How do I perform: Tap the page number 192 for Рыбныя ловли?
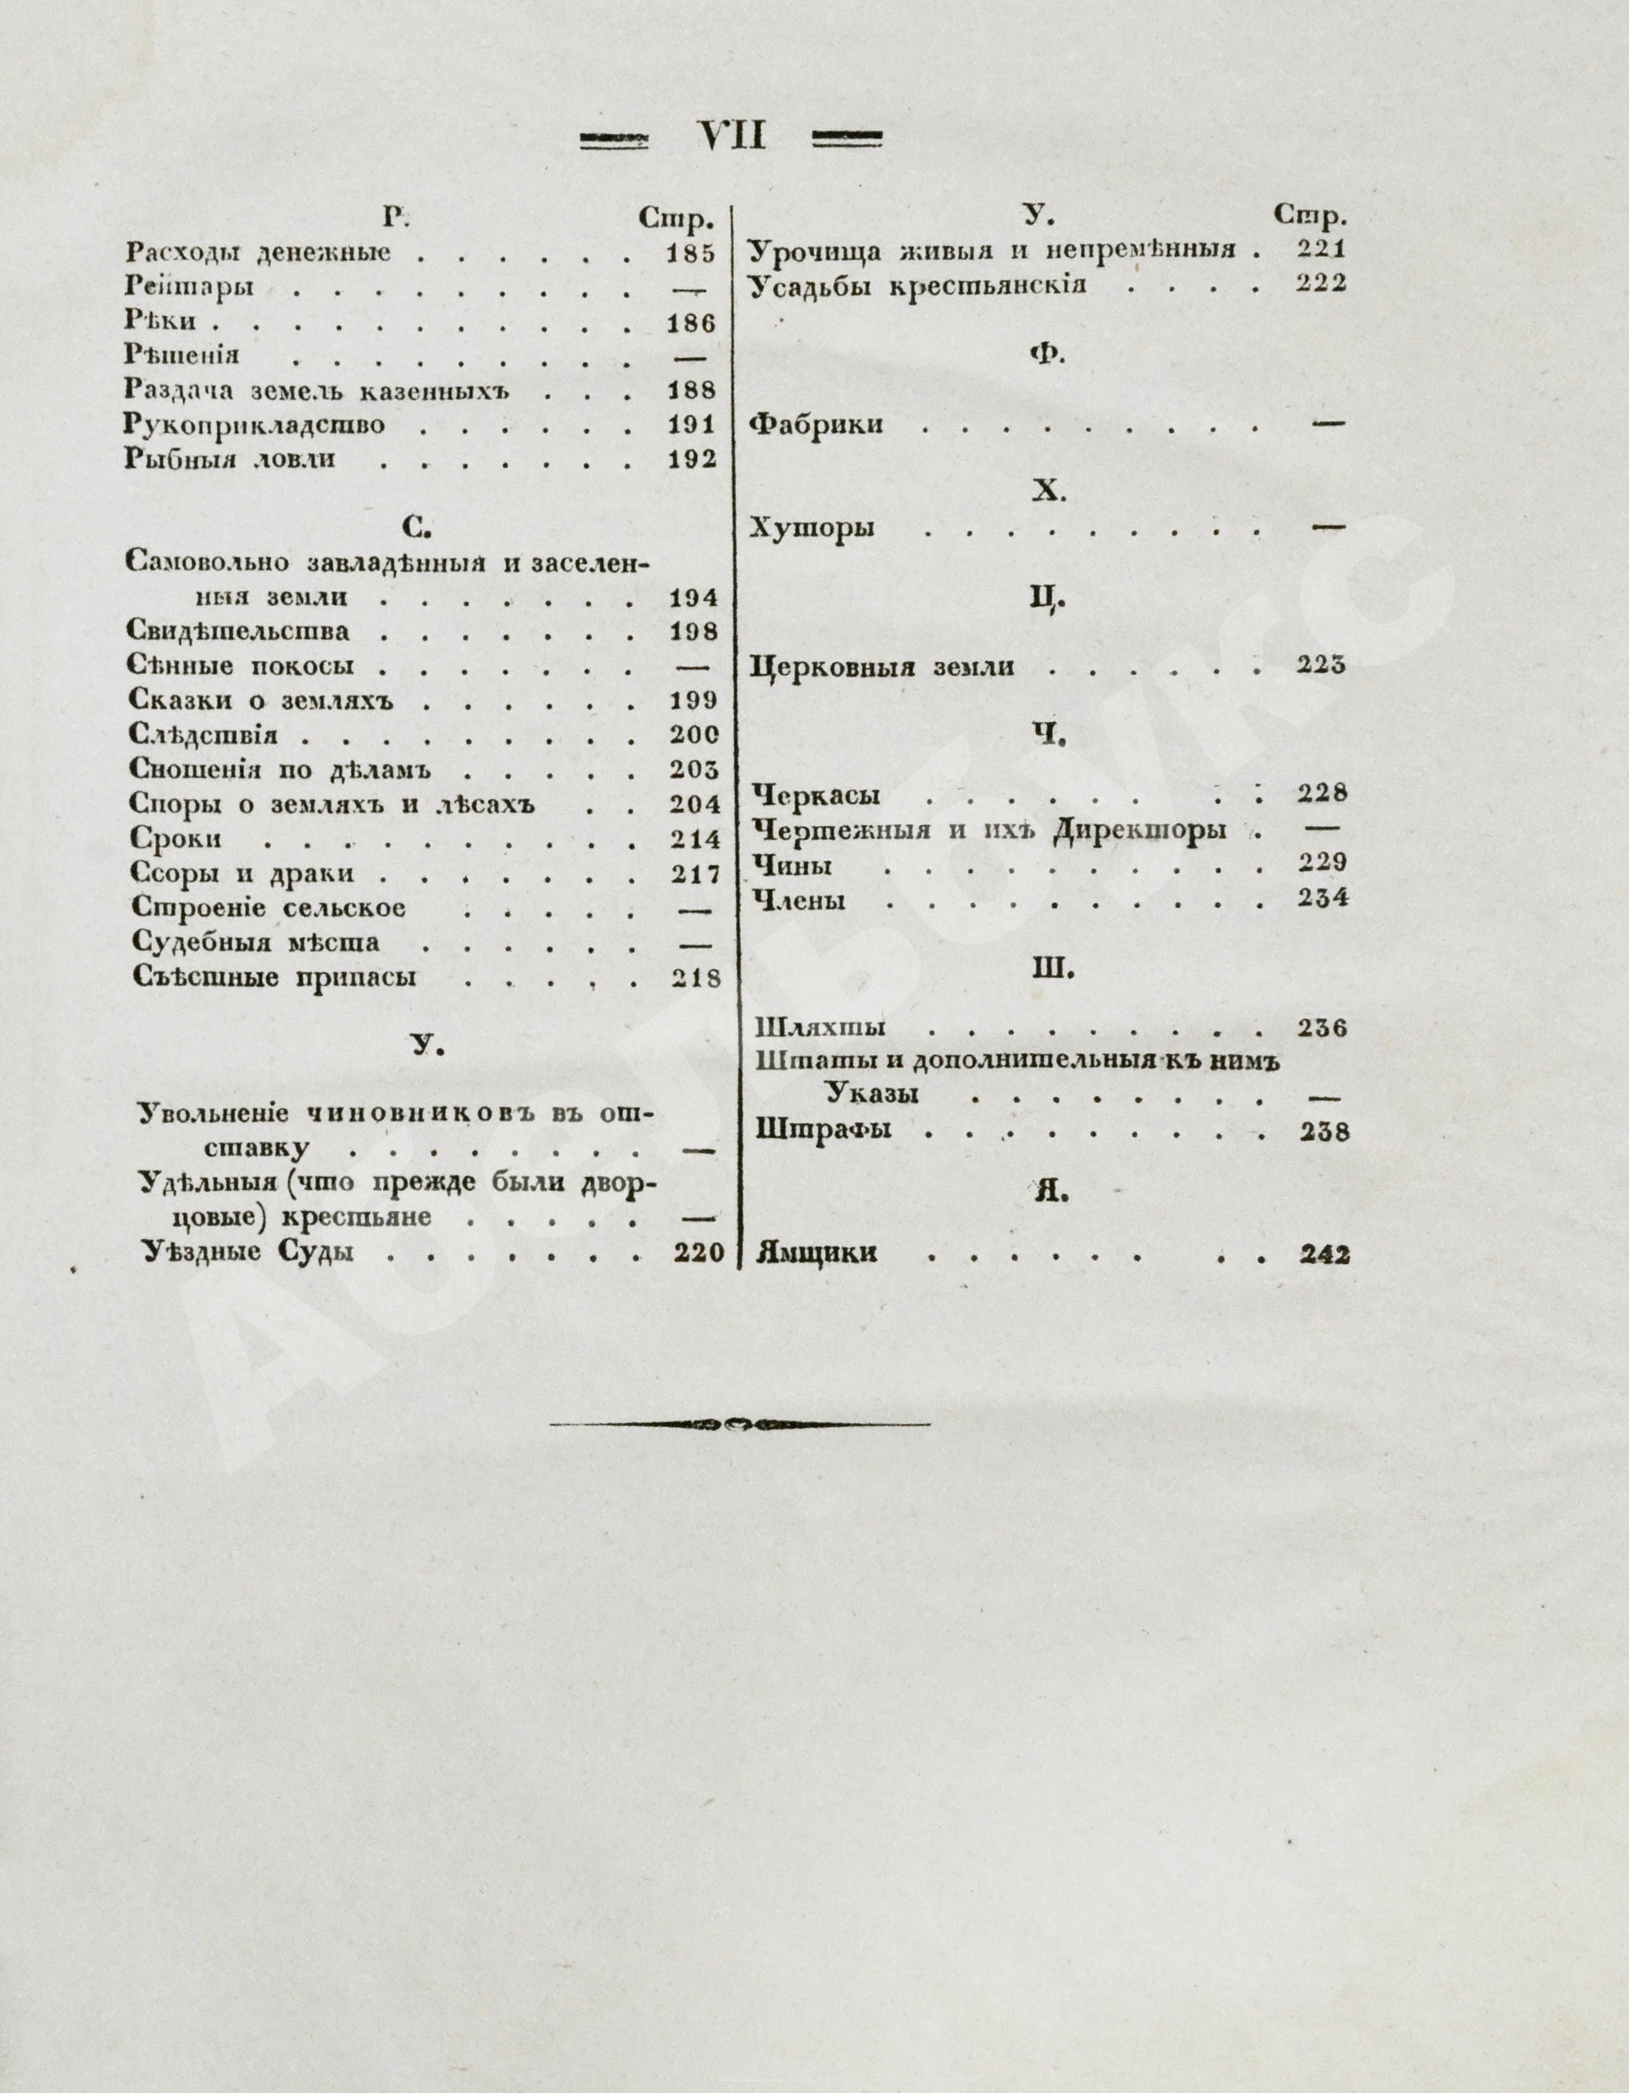692,459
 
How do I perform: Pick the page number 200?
694,735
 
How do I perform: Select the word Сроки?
176,838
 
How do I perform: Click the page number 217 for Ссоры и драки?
695,874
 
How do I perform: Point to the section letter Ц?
1047,599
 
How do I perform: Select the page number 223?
1321,665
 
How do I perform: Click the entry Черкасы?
817,795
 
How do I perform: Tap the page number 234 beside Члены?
1323,898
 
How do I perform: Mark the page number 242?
1325,1255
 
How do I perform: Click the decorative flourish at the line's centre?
739,1424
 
